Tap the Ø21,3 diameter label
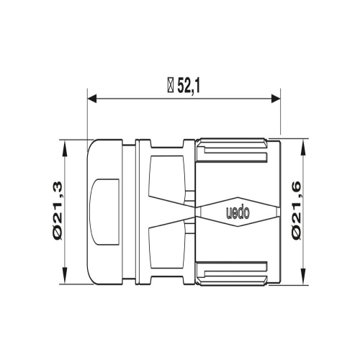pos(58,211)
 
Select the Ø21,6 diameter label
pos(297,210)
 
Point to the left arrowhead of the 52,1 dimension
pos(92,99)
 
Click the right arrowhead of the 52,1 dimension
pos(276,99)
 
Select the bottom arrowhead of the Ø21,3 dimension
pos(65,276)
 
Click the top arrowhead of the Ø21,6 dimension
pos(304,148)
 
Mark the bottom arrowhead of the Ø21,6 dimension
pos(304,276)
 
